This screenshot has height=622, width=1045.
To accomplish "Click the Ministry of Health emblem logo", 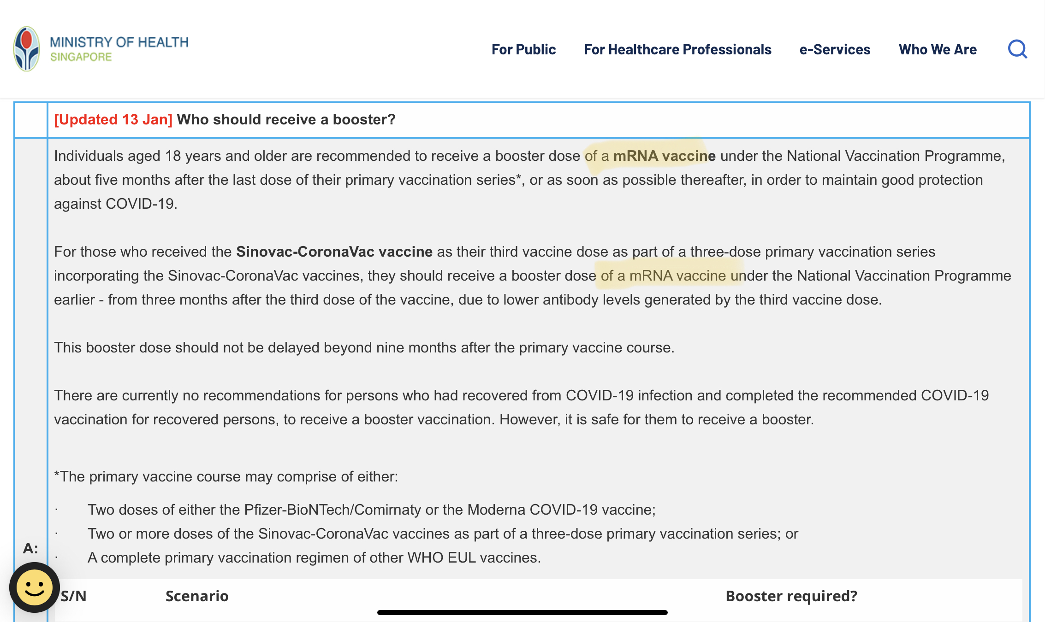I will click(27, 49).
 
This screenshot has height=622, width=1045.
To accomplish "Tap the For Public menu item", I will click(523, 49).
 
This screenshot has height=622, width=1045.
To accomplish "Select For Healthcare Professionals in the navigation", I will click(677, 49).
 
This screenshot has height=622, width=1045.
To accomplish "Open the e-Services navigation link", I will click(835, 49).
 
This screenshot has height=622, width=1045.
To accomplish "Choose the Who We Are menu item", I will click(938, 49).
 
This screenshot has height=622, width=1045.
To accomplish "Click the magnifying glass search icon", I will click(1017, 49).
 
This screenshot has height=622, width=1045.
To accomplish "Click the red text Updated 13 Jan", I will click(113, 120).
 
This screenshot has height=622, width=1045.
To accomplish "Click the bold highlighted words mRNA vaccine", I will click(664, 156).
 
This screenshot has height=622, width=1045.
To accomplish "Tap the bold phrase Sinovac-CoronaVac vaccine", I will click(334, 252).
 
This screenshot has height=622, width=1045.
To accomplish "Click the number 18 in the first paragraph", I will click(173, 156).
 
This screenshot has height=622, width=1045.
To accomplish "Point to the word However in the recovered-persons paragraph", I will click(529, 419).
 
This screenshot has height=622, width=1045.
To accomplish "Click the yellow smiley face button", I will click(35, 587).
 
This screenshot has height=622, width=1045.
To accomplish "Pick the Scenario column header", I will click(197, 596).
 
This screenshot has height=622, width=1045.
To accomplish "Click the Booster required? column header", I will click(791, 596).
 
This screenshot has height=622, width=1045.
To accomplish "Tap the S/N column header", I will click(74, 596).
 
